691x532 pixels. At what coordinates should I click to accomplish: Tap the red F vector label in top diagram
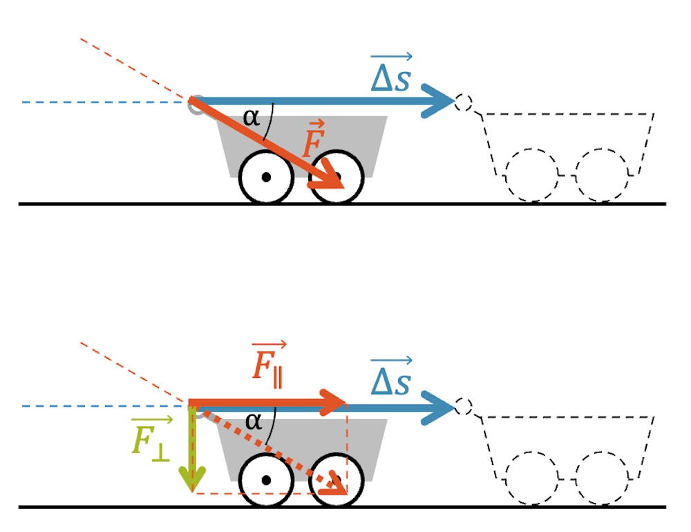tap(313, 140)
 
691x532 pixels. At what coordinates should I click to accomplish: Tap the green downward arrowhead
tap(193, 478)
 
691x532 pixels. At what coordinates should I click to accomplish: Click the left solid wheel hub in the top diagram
tap(267, 176)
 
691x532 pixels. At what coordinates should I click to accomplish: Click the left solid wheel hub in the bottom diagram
tap(267, 479)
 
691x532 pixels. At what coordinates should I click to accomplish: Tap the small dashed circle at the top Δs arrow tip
tap(464, 102)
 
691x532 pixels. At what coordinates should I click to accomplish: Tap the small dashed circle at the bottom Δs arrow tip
tap(464, 406)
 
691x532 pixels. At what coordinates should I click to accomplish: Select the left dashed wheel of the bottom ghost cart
tap(531, 477)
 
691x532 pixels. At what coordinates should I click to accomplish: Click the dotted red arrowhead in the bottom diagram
tap(334, 481)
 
